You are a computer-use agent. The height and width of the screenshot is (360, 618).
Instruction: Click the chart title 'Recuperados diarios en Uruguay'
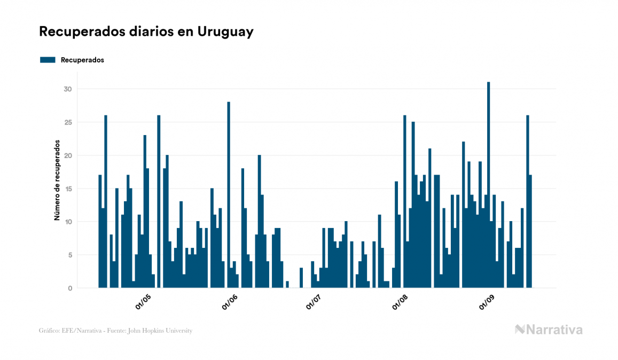(x=146, y=32)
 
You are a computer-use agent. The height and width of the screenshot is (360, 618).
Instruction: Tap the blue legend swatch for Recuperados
(x=48, y=60)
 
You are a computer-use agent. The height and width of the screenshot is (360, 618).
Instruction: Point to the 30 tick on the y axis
(x=67, y=89)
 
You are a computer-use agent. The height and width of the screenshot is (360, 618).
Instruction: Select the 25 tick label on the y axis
(x=67, y=122)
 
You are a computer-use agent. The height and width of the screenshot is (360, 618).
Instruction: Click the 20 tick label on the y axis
(x=67, y=155)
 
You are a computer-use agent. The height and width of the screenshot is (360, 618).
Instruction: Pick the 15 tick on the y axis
(x=68, y=189)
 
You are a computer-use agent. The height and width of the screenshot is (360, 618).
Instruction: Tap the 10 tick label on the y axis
(x=68, y=222)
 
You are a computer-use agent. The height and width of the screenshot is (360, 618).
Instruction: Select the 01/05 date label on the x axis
(x=143, y=302)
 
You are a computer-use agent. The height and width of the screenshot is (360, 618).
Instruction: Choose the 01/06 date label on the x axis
(x=229, y=302)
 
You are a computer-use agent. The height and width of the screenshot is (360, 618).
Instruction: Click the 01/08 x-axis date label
(x=401, y=302)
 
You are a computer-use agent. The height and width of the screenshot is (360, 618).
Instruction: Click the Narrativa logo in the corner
(x=549, y=330)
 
